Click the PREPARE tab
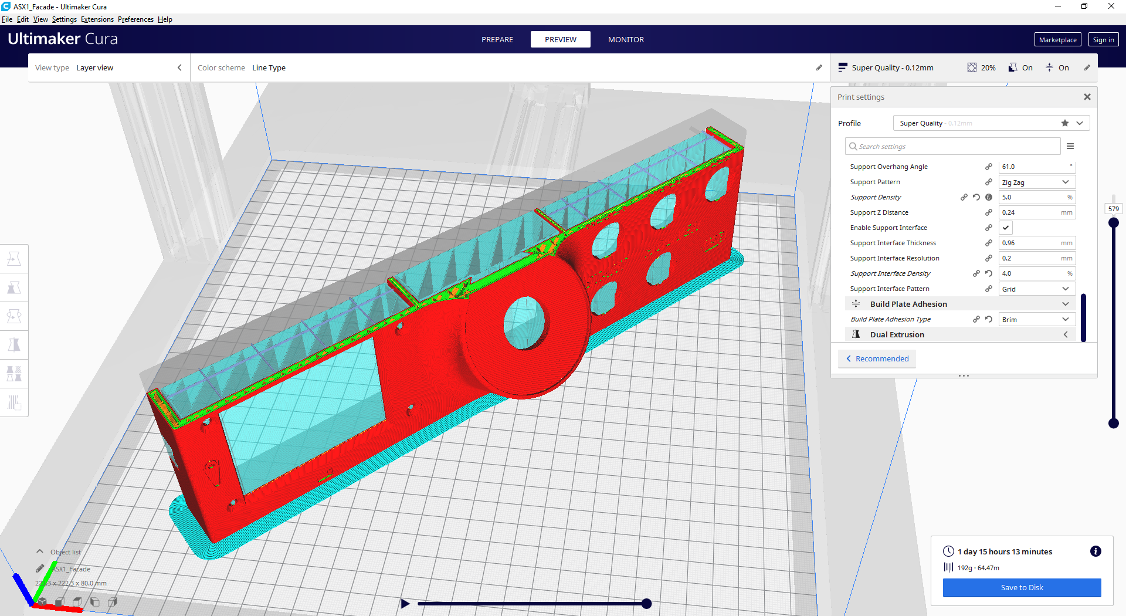pos(497,39)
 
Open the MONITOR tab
pos(626,39)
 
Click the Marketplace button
pos(1057,40)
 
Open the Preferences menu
pos(135,19)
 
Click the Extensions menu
pos(97,19)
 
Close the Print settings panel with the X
pos(1087,97)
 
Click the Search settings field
pos(953,146)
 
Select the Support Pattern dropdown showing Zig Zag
pos(1037,182)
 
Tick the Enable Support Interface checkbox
pos(1006,228)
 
